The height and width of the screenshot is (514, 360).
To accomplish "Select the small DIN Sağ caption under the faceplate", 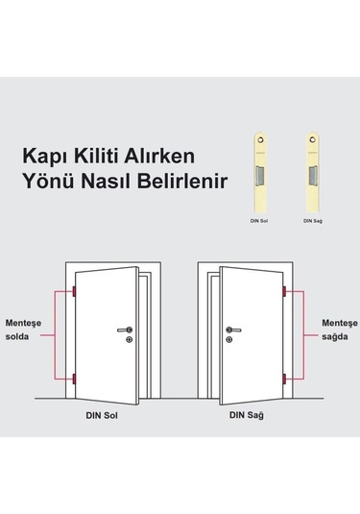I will [313, 221].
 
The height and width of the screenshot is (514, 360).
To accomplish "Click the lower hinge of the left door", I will [72, 377].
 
